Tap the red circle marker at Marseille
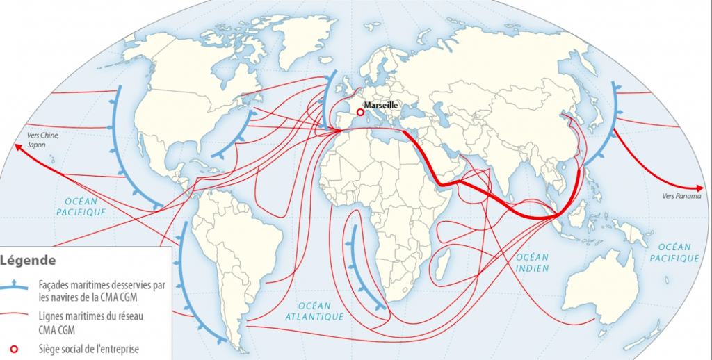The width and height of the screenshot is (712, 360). [360, 111]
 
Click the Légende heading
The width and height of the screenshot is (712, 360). [29, 261]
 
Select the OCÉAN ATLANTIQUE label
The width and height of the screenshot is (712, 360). [314, 311]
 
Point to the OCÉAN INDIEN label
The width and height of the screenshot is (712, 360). [532, 263]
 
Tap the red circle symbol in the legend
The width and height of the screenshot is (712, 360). [15, 348]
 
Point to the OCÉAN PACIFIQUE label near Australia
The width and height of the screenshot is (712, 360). [674, 252]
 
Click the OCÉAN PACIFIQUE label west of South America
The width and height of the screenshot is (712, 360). [81, 206]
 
